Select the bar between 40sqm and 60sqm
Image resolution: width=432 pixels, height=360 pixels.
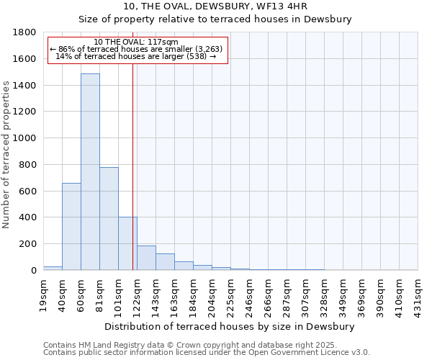71,226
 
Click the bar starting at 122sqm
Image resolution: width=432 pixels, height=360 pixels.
146,258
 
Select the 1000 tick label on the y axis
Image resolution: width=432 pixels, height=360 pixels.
24,138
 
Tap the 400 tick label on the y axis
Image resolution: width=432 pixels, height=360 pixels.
27,217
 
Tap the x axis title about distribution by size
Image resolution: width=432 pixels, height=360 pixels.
230,326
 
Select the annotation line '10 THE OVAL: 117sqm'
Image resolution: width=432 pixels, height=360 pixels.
136,42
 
